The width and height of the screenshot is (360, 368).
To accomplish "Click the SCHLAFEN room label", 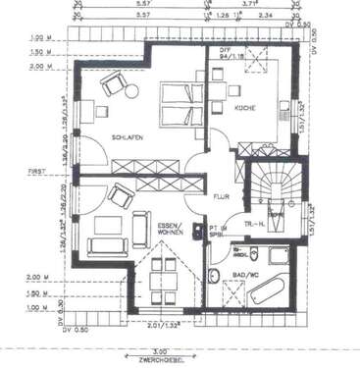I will coord(128,138).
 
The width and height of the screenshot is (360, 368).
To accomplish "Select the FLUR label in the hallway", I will coord(221,197).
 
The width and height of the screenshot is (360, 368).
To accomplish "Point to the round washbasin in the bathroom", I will coord(216,278).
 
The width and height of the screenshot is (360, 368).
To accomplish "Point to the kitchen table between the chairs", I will coord(235,90).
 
